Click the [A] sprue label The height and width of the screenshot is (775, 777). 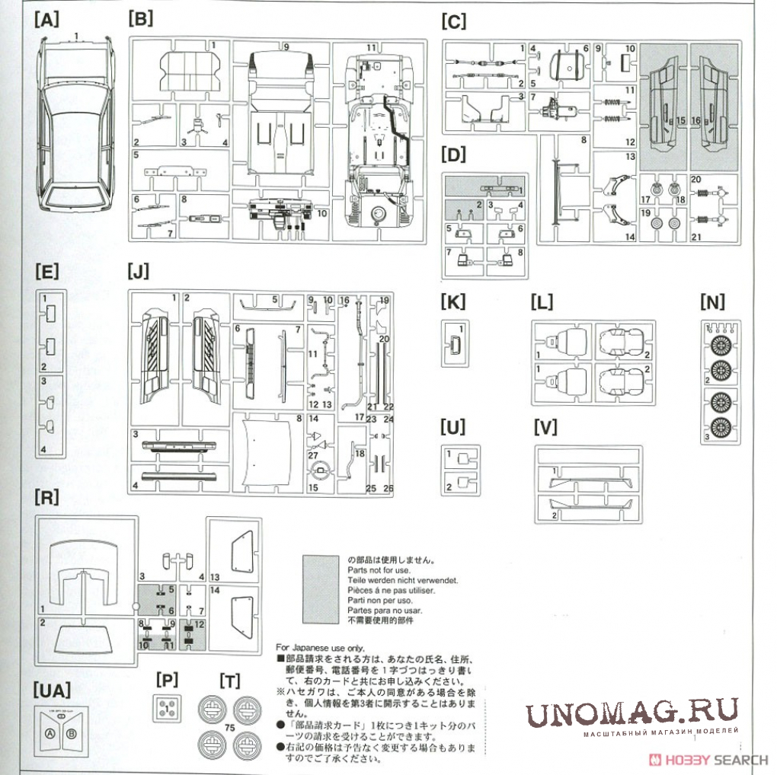(46, 21)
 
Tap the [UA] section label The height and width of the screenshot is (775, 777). (52, 690)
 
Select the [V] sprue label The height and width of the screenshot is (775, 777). (546, 427)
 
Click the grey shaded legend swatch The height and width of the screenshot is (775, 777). (320, 589)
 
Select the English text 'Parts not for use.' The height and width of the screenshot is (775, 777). (379, 569)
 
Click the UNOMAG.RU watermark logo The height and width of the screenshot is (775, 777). (632, 713)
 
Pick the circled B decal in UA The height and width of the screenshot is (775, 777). (72, 734)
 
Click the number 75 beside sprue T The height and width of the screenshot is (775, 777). (228, 728)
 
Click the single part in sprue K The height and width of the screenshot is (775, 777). (454, 345)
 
